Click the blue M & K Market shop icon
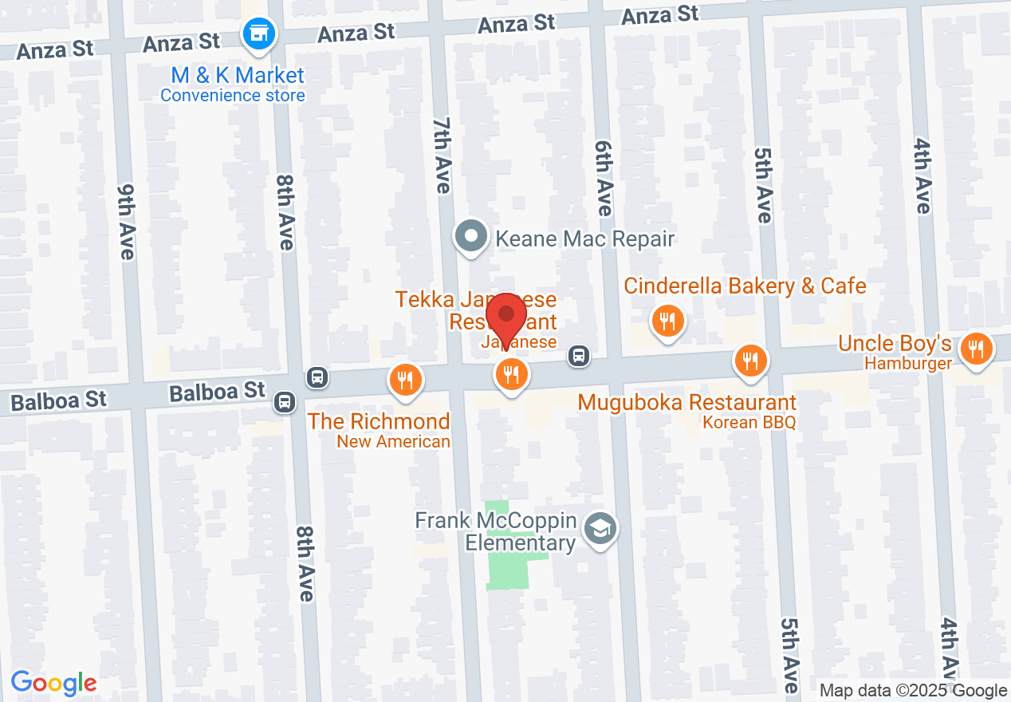[258, 35]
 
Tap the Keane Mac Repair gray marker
[471, 237]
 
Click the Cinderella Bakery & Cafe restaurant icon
[667, 322]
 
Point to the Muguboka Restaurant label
[686, 402]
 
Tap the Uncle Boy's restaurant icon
[975, 349]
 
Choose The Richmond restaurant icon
[406, 379]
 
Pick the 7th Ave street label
[442, 155]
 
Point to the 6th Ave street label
[604, 177]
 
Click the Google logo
[53, 683]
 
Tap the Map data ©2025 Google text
[913, 691]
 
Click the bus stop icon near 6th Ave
[580, 356]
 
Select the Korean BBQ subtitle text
[749, 422]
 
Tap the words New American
[393, 441]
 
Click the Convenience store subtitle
[233, 96]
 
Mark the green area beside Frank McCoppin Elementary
[507, 558]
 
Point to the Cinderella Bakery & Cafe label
[745, 286]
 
